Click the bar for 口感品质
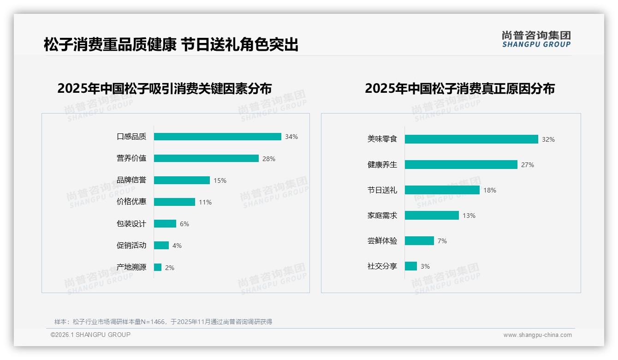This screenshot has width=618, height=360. click(x=217, y=137)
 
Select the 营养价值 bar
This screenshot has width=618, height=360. click(x=206, y=158)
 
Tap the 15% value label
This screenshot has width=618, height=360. click(x=220, y=180)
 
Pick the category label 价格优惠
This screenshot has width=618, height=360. click(x=131, y=202)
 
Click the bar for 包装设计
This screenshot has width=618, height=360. click(x=165, y=223)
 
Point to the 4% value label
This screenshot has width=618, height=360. click(x=177, y=246)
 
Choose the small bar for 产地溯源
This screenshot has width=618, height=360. click(x=158, y=267)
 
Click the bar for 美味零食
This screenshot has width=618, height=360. click(x=471, y=139)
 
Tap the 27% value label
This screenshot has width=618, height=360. click(x=528, y=165)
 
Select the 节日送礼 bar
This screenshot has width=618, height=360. click(x=442, y=190)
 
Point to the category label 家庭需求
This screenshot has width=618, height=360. click(x=382, y=215)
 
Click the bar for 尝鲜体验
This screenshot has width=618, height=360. click(x=419, y=240)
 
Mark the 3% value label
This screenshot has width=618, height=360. click(x=425, y=266)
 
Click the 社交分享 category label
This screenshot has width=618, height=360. click(x=382, y=266)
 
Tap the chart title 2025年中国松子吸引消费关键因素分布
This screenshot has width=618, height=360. click(x=165, y=88)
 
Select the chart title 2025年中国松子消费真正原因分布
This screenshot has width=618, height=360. click(x=460, y=88)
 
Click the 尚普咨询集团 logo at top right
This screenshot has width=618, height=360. click(x=536, y=39)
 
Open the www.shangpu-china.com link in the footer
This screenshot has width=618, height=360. click(x=537, y=335)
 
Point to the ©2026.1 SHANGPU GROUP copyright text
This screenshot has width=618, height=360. click(x=90, y=335)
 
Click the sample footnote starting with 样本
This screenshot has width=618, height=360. click(x=163, y=322)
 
